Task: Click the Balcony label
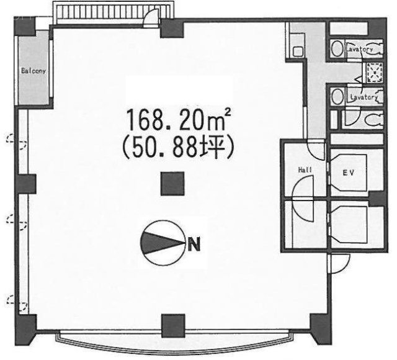coord(33,71)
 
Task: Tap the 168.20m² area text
coord(179,119)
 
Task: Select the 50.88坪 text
coord(178,148)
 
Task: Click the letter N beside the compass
coord(194,244)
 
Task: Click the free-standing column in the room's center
coord(172,184)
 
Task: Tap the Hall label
coord(305,170)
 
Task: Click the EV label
coord(349,173)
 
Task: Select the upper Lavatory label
coord(360,49)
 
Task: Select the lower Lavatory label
coord(364,97)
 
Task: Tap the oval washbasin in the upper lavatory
coord(337,48)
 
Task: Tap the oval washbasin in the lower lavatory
coord(337,96)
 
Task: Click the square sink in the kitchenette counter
coord(298,52)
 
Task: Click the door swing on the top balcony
coord(151,17)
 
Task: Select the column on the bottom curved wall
coord(173,325)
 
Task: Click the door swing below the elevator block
coord(339,263)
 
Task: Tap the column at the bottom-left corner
coord(25,328)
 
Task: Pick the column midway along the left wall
coord(25,184)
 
